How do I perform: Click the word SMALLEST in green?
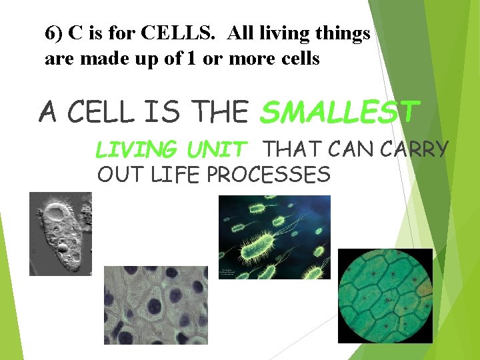click(x=339, y=112)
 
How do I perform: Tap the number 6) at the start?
click(x=55, y=33)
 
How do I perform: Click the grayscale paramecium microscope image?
click(x=60, y=233)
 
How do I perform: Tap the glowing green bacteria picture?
click(x=274, y=237)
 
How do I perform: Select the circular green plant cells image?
click(x=385, y=296)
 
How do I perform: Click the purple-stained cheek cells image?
click(x=155, y=305)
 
